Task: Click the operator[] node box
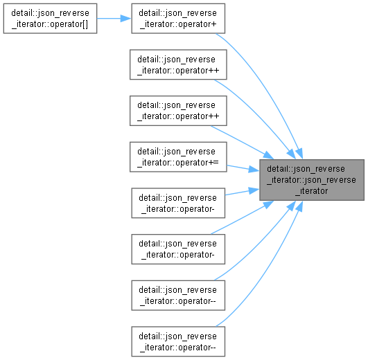pos(50,18)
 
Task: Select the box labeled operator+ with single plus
pos(178,18)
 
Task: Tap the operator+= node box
pos(178,156)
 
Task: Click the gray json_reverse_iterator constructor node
pos(312,180)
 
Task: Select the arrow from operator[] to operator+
pos(114,18)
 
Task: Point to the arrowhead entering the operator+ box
pos(126,18)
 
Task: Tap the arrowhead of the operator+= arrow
pos(254,170)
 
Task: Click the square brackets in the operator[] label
pos(85,24)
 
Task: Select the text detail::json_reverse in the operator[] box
pos(50,13)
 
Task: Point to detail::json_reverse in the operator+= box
pos(176,152)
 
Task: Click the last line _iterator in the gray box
pos(312,191)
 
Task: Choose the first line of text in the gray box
pos(306,169)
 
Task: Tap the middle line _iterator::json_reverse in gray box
pos(311,180)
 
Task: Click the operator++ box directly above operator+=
pos(178,111)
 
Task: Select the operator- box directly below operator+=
pos(178,203)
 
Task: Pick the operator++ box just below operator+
pos(178,64)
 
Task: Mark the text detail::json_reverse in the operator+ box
pos(177,13)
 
